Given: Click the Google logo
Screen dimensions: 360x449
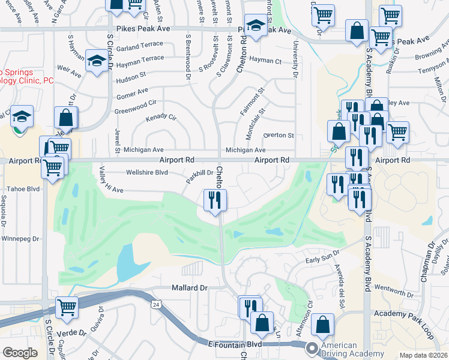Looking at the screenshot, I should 20,353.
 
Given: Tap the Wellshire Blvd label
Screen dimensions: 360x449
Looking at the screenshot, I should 146,172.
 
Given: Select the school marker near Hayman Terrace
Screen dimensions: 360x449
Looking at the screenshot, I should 96,61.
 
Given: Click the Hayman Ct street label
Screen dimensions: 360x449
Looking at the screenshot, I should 265,61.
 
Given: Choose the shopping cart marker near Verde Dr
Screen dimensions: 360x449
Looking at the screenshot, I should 67,307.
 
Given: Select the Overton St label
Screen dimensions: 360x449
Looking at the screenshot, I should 279,136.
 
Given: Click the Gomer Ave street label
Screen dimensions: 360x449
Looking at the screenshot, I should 133,92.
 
